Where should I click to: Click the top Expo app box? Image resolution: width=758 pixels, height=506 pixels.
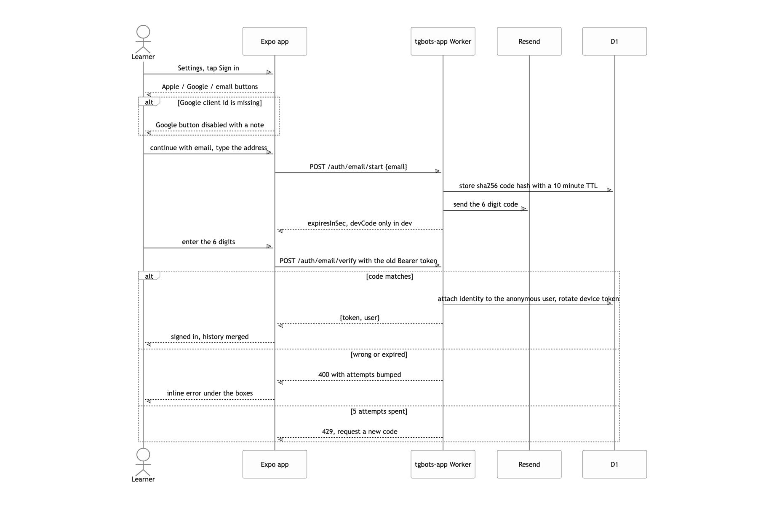(x=275, y=41)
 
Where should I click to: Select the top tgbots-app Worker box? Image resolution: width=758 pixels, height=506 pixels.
(x=443, y=41)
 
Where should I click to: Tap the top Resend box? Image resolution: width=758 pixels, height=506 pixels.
(x=529, y=41)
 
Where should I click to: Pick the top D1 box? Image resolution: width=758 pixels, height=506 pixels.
(x=614, y=41)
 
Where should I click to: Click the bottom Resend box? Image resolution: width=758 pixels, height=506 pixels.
(x=529, y=464)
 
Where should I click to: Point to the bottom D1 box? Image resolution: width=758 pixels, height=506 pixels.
(x=614, y=464)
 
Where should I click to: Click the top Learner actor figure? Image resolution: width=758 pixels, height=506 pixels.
(x=143, y=42)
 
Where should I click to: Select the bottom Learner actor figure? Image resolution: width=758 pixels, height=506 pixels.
(x=143, y=465)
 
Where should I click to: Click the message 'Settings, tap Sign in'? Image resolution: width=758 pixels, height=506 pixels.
(x=208, y=68)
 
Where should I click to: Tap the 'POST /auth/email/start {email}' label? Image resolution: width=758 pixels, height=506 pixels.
(x=358, y=167)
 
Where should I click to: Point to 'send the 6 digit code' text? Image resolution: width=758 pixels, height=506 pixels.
(x=486, y=204)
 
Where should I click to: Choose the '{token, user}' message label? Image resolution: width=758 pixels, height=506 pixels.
(x=360, y=318)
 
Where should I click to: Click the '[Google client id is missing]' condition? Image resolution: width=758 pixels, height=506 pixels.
(x=219, y=102)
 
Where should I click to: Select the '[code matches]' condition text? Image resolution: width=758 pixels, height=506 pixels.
(x=390, y=276)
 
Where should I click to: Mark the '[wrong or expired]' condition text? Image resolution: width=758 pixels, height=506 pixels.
(x=379, y=354)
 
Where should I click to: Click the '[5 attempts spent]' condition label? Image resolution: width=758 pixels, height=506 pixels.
(x=379, y=411)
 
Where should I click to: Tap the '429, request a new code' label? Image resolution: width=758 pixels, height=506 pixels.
(x=360, y=431)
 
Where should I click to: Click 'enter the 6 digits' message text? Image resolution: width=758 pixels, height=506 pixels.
(x=208, y=242)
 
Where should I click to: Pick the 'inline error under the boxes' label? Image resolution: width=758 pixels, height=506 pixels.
(x=210, y=393)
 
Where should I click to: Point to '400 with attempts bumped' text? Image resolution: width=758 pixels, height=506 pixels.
(x=360, y=374)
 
